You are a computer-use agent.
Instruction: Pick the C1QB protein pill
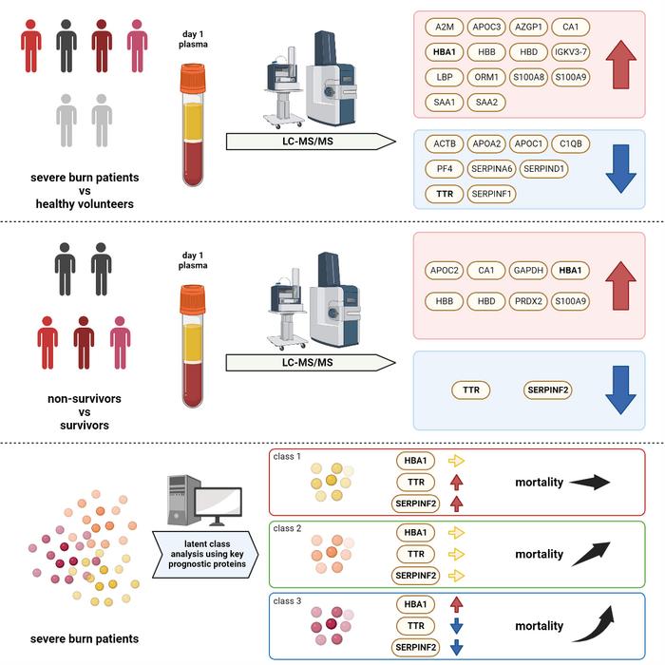571,144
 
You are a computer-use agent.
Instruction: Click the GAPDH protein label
527,271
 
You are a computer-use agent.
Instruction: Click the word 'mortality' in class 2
540,554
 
